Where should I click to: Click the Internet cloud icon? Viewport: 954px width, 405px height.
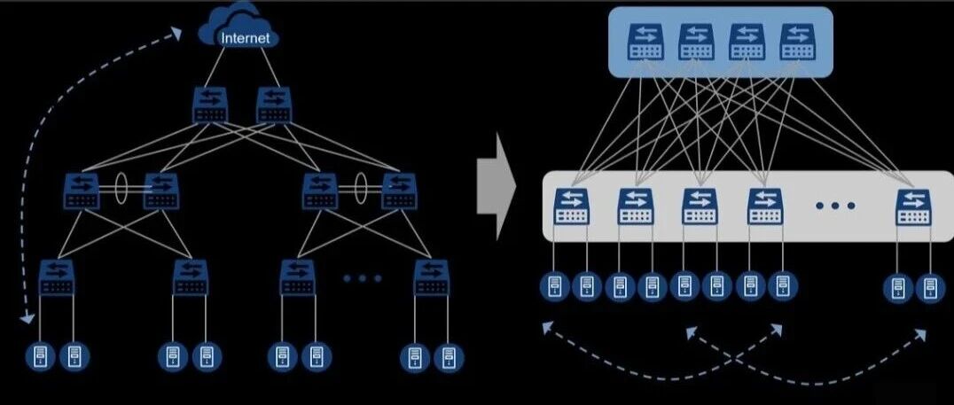click(x=238, y=28)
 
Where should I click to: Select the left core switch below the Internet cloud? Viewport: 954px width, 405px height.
click(x=210, y=105)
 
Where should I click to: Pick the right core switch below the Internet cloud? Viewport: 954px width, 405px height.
click(x=273, y=105)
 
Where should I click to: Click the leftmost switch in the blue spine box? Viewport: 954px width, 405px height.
click(x=645, y=41)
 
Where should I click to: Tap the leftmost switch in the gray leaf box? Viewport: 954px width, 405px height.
click(x=568, y=206)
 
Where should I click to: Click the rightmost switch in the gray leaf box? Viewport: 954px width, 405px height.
click(x=912, y=206)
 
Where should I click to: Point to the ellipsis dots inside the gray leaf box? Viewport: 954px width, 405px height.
click(x=835, y=206)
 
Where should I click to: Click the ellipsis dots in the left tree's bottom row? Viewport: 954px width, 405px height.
click(x=362, y=277)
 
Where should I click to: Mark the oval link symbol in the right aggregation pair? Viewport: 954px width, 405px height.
click(x=361, y=189)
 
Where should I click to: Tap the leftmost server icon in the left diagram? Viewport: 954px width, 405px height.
click(x=40, y=356)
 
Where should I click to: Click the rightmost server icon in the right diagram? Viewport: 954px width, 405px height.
click(x=929, y=287)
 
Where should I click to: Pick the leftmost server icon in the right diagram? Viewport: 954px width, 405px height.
click(x=553, y=287)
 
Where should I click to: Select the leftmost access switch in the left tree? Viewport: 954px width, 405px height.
click(x=57, y=276)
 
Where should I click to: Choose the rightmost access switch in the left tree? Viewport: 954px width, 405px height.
click(x=431, y=276)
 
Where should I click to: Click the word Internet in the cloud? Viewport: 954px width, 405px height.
click(x=245, y=38)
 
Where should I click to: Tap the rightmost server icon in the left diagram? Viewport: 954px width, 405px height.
click(x=448, y=356)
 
